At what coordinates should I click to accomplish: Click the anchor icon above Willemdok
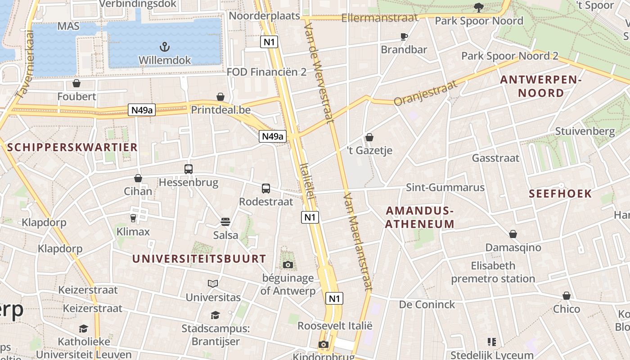[x=165, y=46]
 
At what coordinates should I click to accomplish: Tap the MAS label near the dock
[x=68, y=26]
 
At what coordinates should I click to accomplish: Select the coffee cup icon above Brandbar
[x=404, y=36]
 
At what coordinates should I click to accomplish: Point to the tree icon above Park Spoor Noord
[x=478, y=7]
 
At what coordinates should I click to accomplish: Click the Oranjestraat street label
[x=425, y=93]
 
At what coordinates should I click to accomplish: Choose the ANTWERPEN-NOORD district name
[x=541, y=86]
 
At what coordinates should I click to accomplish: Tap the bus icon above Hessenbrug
[x=188, y=169]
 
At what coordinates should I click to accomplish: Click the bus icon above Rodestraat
[x=266, y=188]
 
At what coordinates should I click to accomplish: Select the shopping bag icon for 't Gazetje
[x=369, y=137]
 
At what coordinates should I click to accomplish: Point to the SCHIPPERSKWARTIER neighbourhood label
[x=72, y=147]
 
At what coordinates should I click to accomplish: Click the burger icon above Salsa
[x=225, y=221]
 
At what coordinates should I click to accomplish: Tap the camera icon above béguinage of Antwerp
[x=288, y=265]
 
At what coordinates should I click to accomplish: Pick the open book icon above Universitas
[x=213, y=283]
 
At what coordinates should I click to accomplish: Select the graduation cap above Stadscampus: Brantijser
[x=215, y=315]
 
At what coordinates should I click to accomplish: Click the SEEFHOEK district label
[x=560, y=193]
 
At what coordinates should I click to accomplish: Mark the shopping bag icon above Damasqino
[x=513, y=234]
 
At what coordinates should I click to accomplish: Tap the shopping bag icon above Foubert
[x=76, y=83]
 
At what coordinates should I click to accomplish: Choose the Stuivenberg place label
[x=585, y=131]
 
